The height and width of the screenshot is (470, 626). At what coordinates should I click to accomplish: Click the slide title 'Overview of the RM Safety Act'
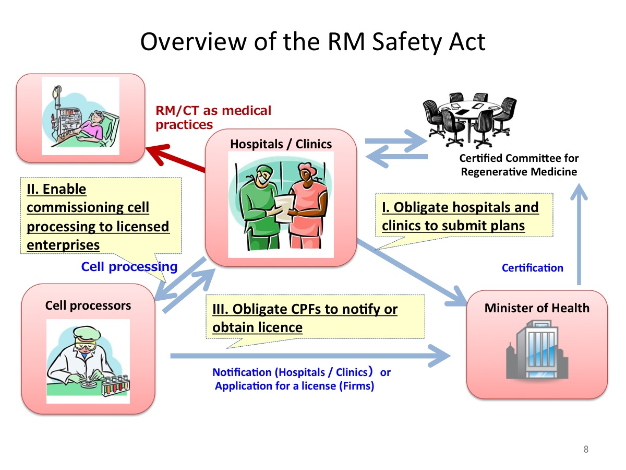pyautogui.click(x=312, y=42)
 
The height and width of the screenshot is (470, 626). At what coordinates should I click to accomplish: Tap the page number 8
pyautogui.click(x=586, y=449)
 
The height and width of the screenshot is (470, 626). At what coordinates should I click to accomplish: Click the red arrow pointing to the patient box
pyautogui.click(x=175, y=158)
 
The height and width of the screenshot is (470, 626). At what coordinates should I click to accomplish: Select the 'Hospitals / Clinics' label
pyautogui.click(x=281, y=144)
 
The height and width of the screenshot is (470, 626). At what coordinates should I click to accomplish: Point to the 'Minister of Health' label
pyautogui.click(x=537, y=308)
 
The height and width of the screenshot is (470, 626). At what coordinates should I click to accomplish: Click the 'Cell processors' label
pyautogui.click(x=88, y=305)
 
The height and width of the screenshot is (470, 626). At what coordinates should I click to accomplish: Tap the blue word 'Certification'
pyautogui.click(x=533, y=268)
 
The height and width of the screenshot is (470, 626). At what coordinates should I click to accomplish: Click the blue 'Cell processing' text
pyautogui.click(x=129, y=267)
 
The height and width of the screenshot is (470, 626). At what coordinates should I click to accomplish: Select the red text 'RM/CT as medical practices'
pyautogui.click(x=213, y=118)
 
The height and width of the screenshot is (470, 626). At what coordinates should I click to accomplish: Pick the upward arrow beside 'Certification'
pyautogui.click(x=579, y=234)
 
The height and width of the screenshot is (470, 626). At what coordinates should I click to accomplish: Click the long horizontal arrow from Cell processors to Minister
pyautogui.click(x=310, y=356)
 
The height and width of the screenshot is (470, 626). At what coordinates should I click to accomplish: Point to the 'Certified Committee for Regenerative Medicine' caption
pyautogui.click(x=519, y=165)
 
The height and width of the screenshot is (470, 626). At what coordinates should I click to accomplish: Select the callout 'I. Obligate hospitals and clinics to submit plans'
pyautogui.click(x=464, y=215)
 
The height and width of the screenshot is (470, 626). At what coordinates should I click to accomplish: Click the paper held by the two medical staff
pyautogui.click(x=284, y=208)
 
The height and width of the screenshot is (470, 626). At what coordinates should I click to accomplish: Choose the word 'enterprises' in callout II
pyautogui.click(x=63, y=245)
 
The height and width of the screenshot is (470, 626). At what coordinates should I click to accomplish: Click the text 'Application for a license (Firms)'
pyautogui.click(x=294, y=386)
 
